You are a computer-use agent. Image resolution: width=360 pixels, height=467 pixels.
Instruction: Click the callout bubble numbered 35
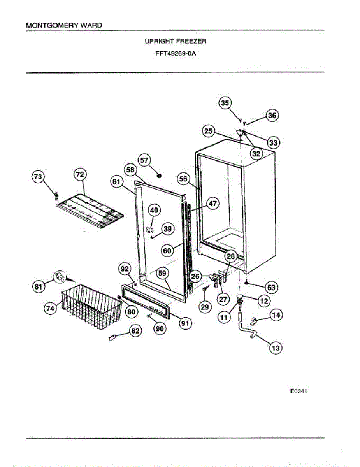point(225,103)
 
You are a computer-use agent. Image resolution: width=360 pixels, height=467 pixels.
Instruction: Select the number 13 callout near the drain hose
point(276,348)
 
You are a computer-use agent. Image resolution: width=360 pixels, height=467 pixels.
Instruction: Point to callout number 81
point(37,287)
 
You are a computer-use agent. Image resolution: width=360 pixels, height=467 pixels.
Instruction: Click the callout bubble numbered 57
point(144,160)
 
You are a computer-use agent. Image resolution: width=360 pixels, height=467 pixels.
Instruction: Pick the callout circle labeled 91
point(185,322)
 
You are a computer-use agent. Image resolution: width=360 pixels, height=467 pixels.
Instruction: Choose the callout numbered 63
point(271,288)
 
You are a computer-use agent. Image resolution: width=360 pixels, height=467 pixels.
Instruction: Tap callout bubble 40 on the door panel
point(154,210)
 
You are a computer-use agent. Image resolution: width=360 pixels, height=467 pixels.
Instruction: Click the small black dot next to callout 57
point(159,176)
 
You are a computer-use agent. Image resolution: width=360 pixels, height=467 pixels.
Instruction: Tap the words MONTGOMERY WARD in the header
point(64,26)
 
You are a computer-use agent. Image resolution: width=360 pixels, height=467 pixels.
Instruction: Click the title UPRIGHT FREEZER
point(176,41)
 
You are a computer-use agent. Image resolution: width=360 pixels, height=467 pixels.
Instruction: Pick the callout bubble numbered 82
point(135,331)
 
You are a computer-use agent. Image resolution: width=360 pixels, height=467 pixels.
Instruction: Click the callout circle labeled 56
point(183,179)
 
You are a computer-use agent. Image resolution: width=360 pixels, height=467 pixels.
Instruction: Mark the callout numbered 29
point(204,307)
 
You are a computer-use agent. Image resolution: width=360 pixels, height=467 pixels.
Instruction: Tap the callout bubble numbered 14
point(276,315)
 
